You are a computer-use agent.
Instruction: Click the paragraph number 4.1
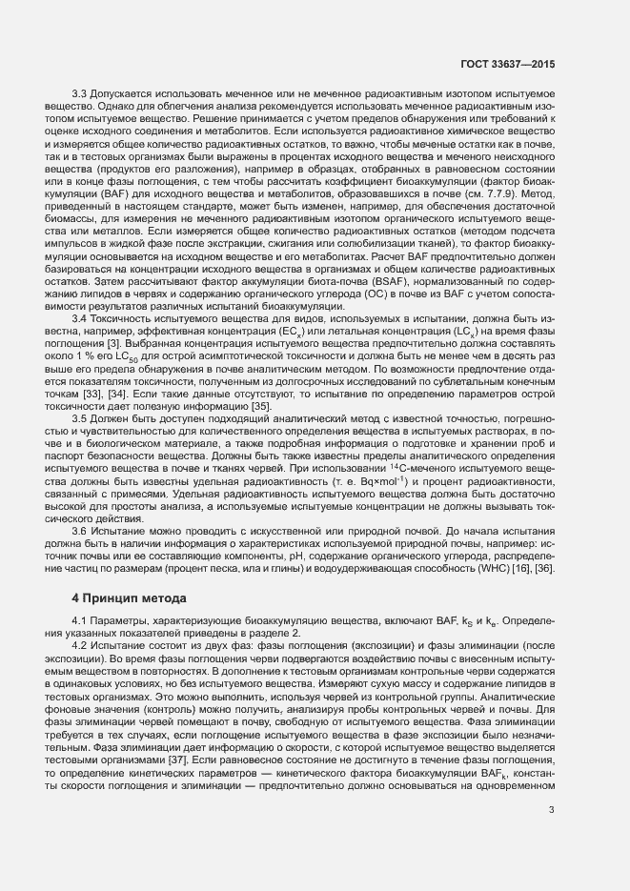click(x=80, y=620)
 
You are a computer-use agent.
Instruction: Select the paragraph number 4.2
click(x=80, y=643)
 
